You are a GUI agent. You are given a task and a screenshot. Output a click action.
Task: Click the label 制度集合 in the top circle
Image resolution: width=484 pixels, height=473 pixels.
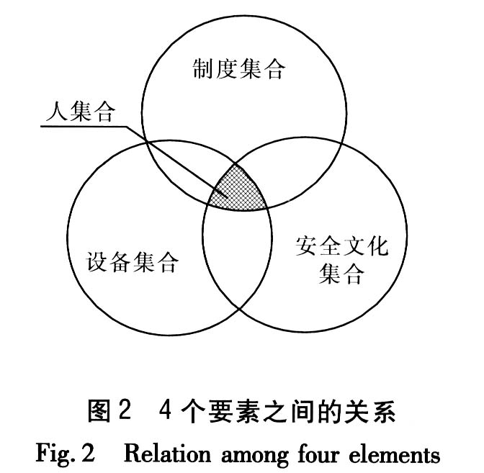239,70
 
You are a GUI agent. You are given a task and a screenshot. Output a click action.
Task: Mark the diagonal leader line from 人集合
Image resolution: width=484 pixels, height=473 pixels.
173,163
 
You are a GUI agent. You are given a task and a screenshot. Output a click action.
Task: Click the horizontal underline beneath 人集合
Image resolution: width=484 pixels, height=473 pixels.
83,127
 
